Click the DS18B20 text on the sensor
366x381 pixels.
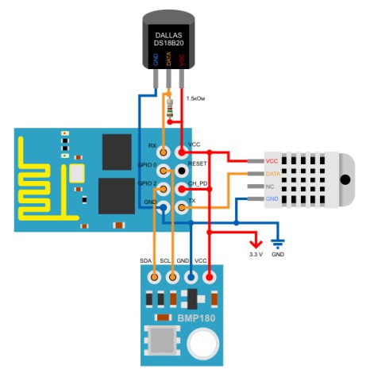coord(169,43)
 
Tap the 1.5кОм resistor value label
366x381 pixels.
coord(195,98)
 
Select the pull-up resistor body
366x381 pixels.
coord(170,108)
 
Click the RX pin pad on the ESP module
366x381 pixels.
coord(164,152)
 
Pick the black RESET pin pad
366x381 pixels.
coord(182,171)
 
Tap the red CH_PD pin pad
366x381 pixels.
coord(182,189)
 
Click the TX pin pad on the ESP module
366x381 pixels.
coord(182,207)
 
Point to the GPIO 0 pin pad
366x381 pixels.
coord(164,171)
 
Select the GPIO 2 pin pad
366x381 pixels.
coord(164,189)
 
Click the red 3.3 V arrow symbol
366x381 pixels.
coord(256,243)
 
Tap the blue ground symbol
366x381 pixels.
coord(278,244)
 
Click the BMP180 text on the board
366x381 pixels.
coord(196,317)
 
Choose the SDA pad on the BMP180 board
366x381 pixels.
coord(154,277)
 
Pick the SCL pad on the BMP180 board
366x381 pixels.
coord(172,277)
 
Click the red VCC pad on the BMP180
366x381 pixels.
coord(209,277)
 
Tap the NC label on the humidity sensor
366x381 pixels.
coord(270,187)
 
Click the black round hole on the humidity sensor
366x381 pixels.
coord(345,179)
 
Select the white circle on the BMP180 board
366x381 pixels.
coord(203,344)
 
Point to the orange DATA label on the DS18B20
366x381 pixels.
coord(168,59)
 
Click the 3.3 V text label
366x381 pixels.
coord(256,255)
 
